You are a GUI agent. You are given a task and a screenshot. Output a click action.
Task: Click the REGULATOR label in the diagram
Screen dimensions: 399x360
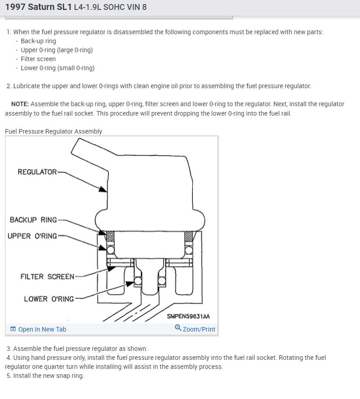click(x=37, y=172)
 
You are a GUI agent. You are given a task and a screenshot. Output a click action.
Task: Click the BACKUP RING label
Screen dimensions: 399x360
click(x=33, y=220)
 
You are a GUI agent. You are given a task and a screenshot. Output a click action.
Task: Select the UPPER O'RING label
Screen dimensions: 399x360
click(x=32, y=236)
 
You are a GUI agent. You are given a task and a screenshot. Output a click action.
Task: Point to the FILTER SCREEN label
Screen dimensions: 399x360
click(x=47, y=277)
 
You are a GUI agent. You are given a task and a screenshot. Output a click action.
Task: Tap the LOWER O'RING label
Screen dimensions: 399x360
click(x=49, y=299)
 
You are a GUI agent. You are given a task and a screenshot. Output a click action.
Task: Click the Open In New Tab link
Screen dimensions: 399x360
click(x=42, y=329)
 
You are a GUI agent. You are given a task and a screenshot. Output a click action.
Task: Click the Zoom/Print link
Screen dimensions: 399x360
click(x=199, y=329)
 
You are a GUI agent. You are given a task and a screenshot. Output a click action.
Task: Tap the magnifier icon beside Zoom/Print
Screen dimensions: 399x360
click(x=178, y=328)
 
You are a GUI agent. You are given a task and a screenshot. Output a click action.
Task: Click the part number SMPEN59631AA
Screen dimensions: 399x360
click(x=188, y=316)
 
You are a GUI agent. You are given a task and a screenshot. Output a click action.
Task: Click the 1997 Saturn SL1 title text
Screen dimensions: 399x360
click(x=38, y=7)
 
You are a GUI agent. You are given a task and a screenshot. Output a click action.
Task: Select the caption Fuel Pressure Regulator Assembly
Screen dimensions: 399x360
click(x=53, y=131)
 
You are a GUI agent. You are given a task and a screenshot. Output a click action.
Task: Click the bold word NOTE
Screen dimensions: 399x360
click(x=20, y=104)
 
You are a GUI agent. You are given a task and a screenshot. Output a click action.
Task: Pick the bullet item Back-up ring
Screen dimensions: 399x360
click(x=38, y=41)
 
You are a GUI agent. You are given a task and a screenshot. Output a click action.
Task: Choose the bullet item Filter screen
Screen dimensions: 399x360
click(x=38, y=59)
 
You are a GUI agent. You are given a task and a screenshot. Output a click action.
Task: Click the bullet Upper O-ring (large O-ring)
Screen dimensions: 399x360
click(x=57, y=50)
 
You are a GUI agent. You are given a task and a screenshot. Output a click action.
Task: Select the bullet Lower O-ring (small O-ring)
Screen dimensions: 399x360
click(x=58, y=68)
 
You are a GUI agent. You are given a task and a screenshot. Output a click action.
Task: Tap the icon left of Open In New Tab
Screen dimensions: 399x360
click(x=13, y=329)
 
